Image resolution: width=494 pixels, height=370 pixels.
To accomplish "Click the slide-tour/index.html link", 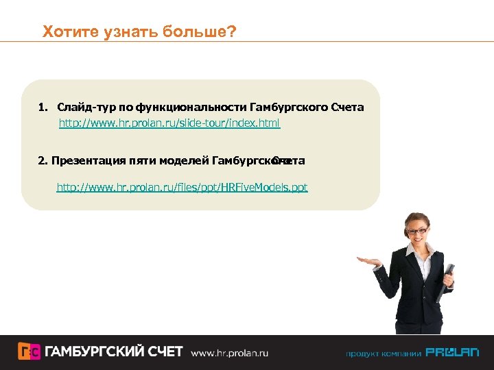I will coord(169,124).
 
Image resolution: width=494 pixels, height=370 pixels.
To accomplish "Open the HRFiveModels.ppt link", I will coord(182,187).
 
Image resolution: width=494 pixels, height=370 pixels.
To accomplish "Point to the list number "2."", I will coord(43,161).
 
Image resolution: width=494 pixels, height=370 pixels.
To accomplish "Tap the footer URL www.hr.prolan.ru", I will coord(229,353).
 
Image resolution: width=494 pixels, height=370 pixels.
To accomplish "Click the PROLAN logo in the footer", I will coord(452,353).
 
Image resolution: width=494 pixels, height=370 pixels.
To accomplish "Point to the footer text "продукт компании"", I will coord(383,354).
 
